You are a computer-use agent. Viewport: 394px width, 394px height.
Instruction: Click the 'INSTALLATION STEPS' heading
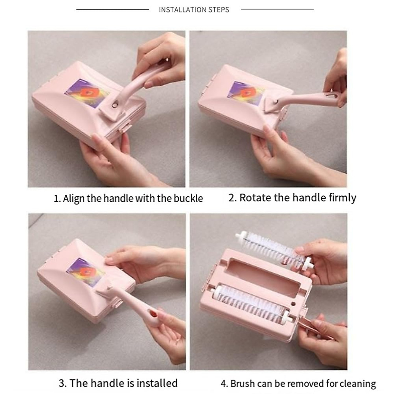click(x=194, y=10)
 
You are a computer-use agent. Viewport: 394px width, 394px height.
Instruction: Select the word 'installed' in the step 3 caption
click(x=157, y=383)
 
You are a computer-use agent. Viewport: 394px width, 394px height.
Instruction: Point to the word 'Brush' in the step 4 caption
click(x=243, y=383)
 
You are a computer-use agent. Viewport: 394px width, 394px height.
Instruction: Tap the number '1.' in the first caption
click(x=57, y=199)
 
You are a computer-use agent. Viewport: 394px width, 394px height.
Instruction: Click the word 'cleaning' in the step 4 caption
click(x=358, y=383)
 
